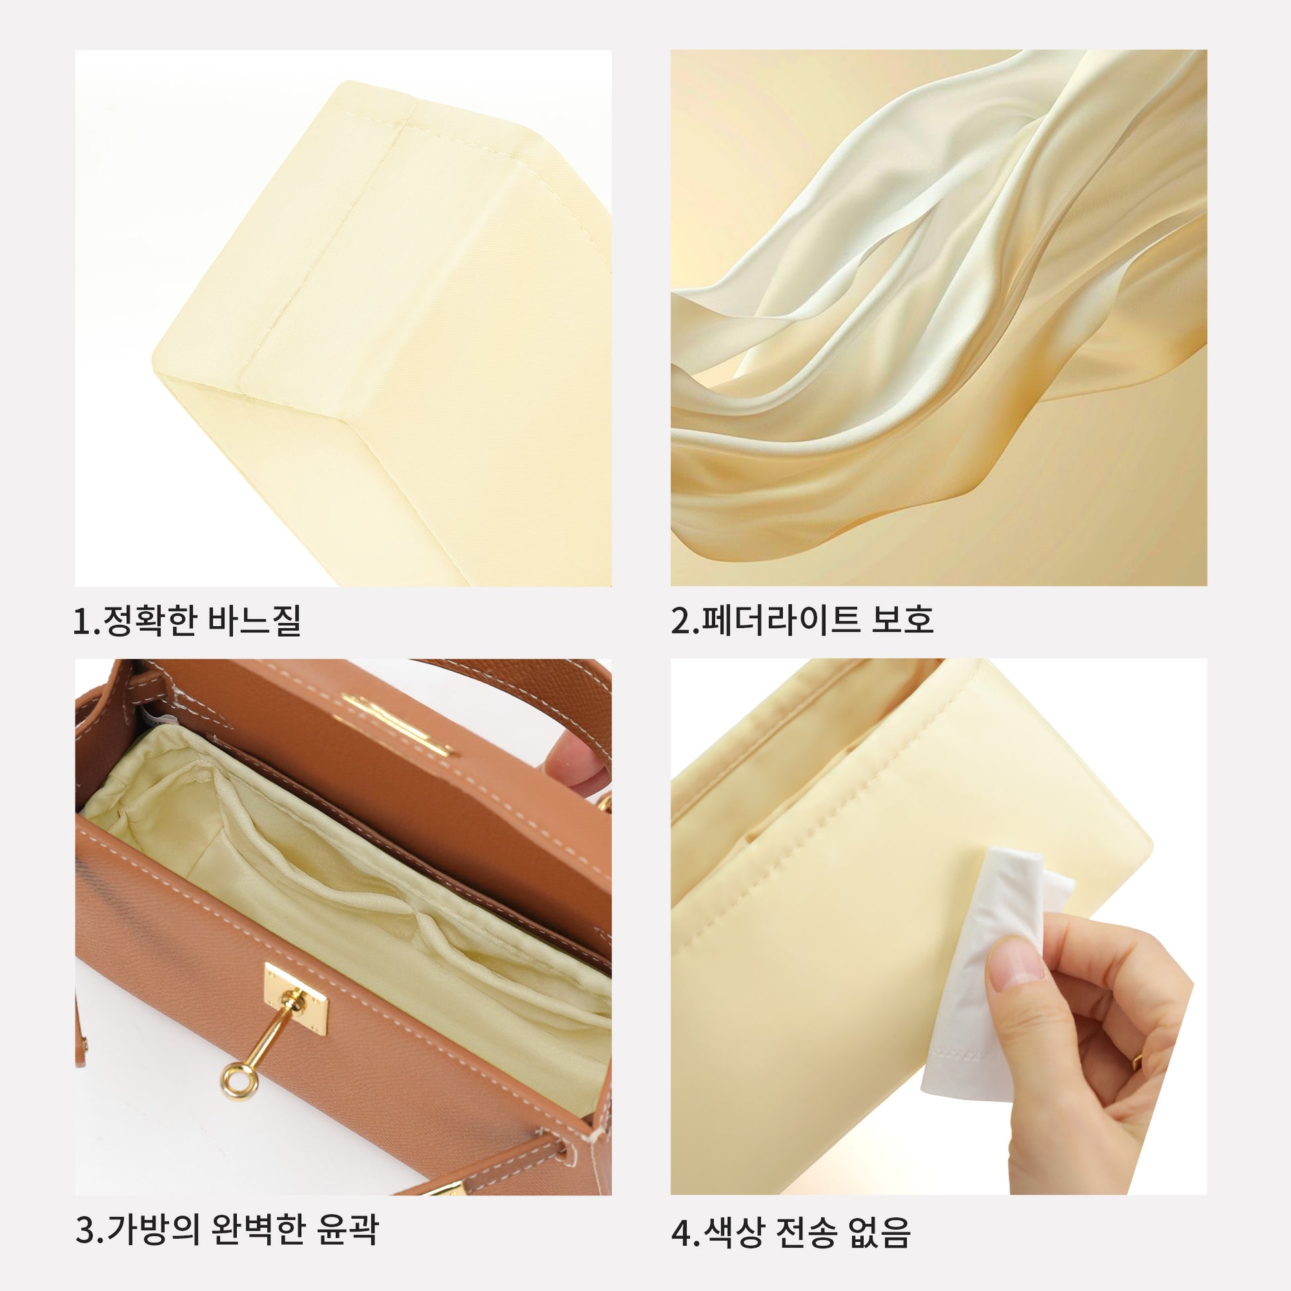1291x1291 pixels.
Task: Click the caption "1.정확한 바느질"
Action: pos(187,621)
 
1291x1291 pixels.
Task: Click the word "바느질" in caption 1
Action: pos(255,621)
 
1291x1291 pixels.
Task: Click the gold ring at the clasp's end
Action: pos(239,1081)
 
